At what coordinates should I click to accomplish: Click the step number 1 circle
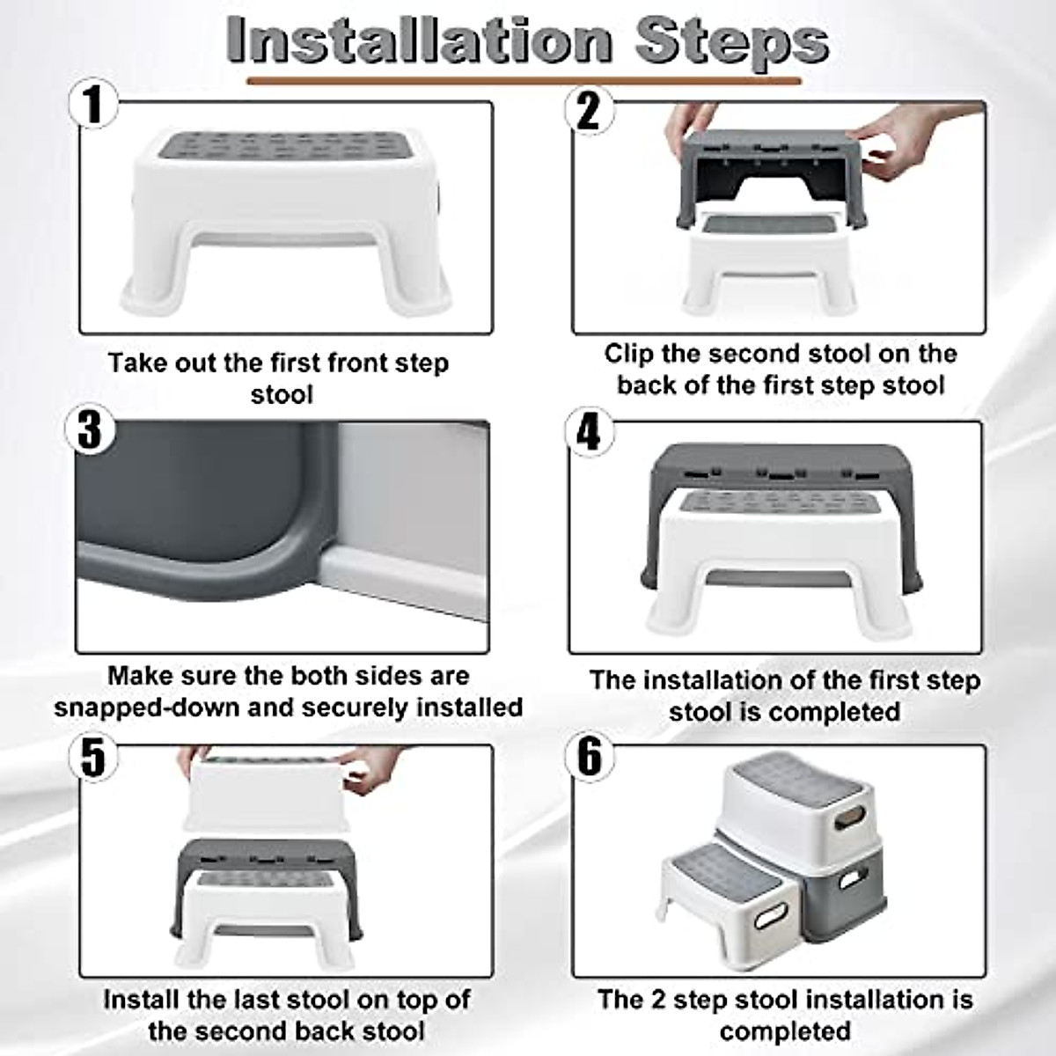(x=92, y=106)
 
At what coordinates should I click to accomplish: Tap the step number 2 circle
(x=588, y=111)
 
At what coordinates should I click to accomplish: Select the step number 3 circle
(x=92, y=431)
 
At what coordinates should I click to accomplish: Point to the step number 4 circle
(x=588, y=433)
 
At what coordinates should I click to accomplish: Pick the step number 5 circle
(x=92, y=757)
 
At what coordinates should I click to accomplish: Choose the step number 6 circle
(x=589, y=757)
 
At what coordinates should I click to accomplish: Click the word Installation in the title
(x=419, y=40)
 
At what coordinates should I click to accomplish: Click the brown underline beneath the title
(x=524, y=82)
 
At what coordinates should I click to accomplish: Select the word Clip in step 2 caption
(x=628, y=354)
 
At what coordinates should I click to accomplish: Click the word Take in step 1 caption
(x=137, y=363)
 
